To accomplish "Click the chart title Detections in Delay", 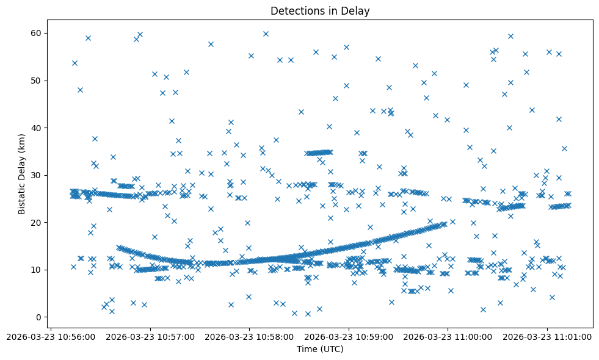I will point(320,11).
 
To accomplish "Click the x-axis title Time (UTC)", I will point(320,349).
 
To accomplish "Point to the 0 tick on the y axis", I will point(37,317).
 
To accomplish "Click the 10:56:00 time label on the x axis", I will point(51,336).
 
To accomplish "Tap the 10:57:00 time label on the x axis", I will point(150,336).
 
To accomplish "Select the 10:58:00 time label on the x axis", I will point(250,336).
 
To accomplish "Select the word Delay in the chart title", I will point(357,11).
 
